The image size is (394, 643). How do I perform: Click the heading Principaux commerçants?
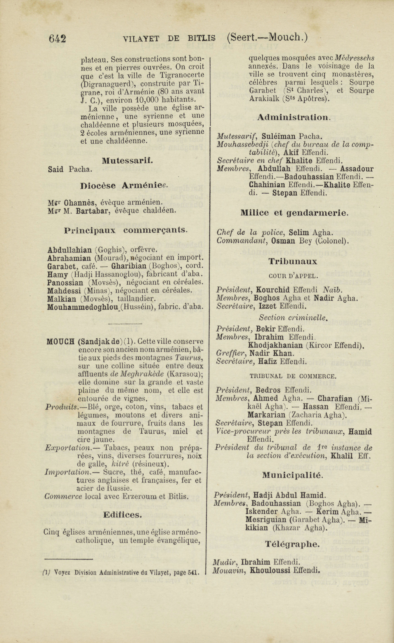126,230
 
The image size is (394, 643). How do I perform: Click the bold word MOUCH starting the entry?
61,341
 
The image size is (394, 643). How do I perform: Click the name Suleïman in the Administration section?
278,136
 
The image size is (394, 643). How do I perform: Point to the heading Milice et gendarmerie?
294,213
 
